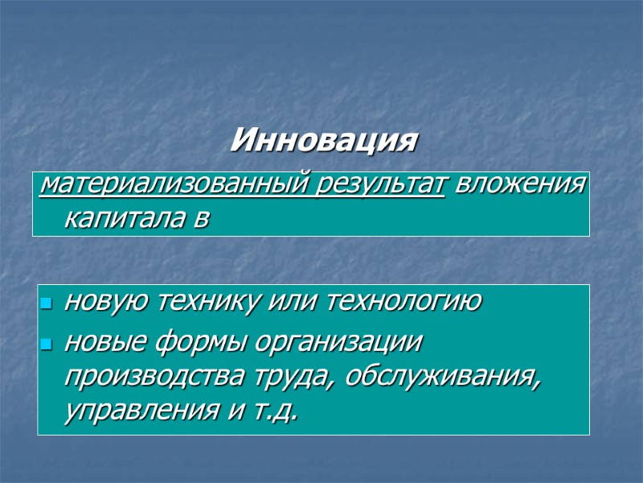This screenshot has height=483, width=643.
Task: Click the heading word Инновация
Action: tap(324, 141)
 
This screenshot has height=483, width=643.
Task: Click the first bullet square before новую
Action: tap(47, 305)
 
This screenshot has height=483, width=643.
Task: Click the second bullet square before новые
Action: tap(47, 345)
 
